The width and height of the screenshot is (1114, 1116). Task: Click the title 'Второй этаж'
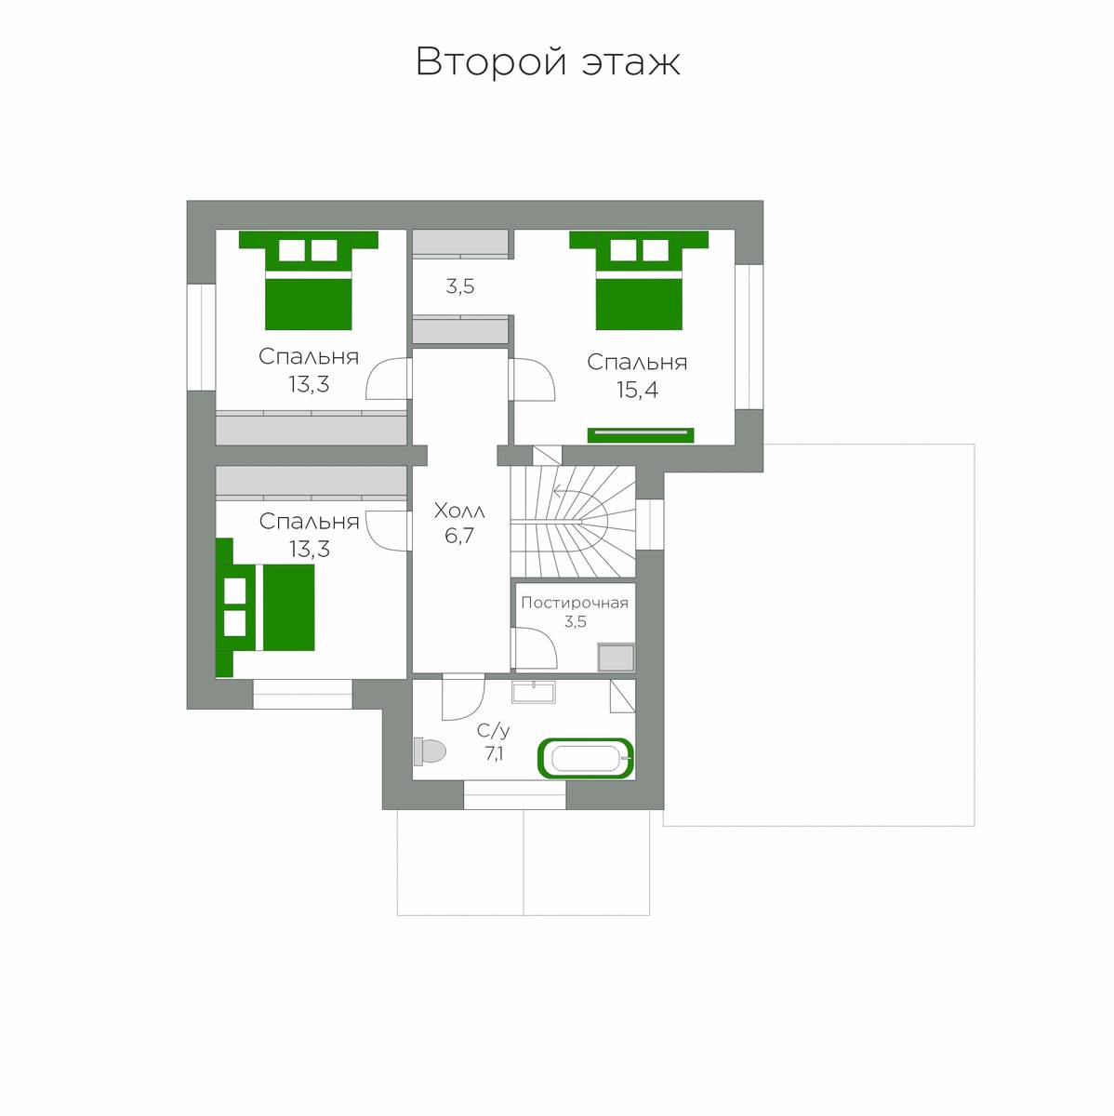point(548,61)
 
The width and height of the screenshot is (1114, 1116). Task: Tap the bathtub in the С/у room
point(586,758)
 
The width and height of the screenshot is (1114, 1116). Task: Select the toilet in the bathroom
point(430,751)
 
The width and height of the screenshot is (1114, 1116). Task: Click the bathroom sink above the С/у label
point(533,692)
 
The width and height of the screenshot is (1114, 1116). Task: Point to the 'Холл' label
point(459,511)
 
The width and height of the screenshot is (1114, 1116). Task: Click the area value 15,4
point(637,390)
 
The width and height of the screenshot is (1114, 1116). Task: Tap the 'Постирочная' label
point(575,603)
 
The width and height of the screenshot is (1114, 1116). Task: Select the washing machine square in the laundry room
point(616,658)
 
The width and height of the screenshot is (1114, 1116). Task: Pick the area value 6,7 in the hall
point(459,536)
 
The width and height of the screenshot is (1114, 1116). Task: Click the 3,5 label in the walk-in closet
point(460,286)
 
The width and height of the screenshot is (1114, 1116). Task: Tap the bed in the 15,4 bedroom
point(639,280)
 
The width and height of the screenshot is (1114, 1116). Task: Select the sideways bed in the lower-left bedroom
point(265,607)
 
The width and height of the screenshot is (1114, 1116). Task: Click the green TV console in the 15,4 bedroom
point(641,435)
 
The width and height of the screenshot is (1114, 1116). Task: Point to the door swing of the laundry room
point(534,647)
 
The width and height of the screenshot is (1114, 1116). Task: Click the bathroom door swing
point(463,697)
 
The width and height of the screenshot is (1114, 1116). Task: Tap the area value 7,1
point(494,754)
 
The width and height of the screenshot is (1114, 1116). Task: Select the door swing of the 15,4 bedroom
point(532,379)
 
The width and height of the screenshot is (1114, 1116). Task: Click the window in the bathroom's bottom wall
point(514,794)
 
